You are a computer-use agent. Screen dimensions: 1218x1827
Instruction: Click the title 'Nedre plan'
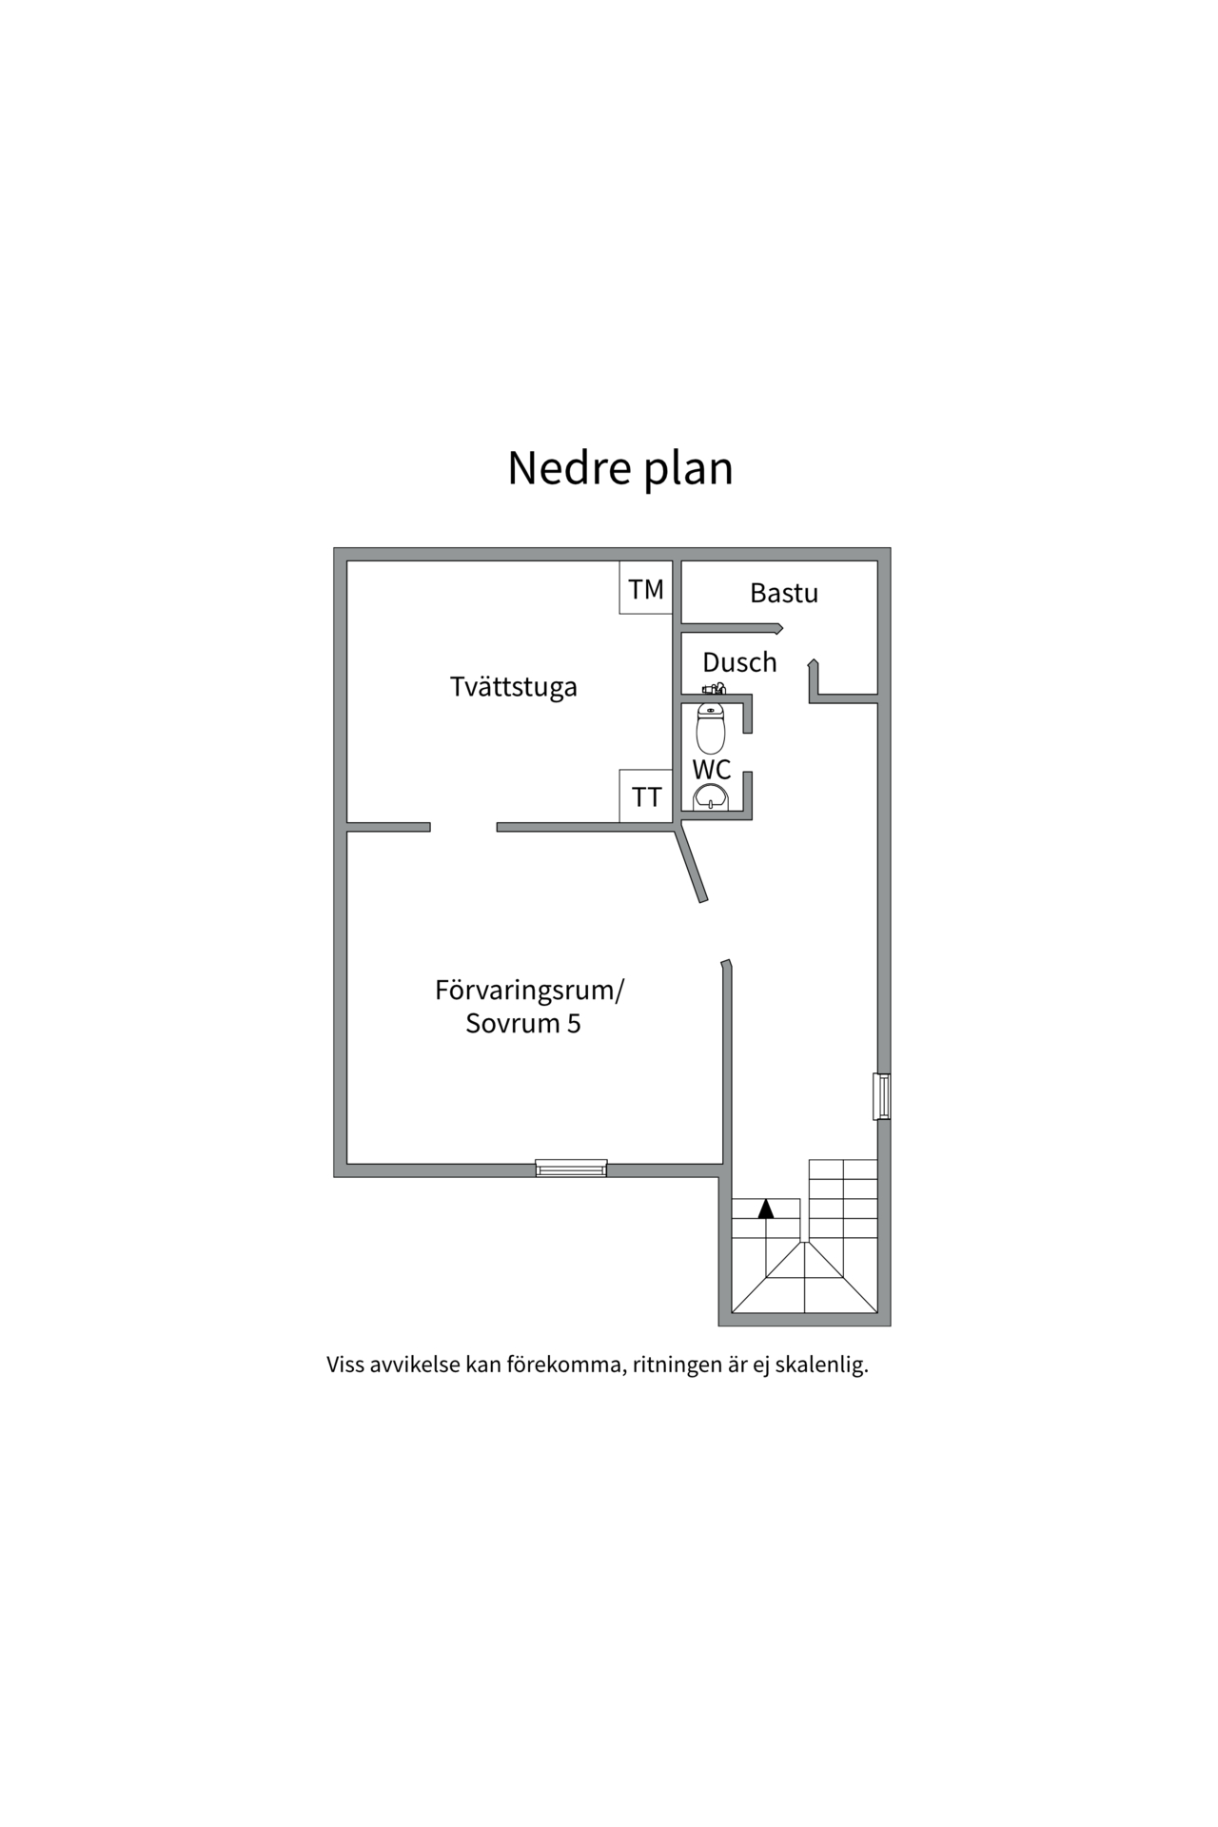coord(620,468)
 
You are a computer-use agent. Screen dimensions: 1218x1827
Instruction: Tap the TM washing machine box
coord(646,587)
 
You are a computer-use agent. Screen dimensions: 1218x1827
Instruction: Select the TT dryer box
coord(646,796)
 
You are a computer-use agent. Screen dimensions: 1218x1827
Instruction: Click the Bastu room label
coord(784,593)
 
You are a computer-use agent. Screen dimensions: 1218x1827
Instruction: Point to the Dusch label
coord(739,662)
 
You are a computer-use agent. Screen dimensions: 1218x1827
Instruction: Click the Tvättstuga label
coord(514,687)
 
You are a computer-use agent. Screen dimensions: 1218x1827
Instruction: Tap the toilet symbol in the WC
coord(711,728)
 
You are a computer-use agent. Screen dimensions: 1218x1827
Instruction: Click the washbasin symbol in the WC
coord(711,796)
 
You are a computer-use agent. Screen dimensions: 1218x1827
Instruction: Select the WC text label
coord(712,769)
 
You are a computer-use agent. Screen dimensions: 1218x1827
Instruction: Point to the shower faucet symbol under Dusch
coord(714,688)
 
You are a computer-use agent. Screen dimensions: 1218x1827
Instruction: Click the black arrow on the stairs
coord(766,1208)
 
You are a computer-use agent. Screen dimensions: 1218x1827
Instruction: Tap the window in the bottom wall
coord(571,1168)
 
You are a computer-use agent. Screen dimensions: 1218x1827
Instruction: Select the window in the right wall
coord(882,1096)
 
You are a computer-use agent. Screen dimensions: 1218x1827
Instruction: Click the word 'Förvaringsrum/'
coord(529,992)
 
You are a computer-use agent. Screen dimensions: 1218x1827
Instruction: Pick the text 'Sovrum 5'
coord(523,1024)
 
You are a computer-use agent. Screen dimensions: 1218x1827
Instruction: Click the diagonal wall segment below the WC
coord(692,864)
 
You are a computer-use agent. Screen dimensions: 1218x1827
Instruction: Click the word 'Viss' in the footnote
coord(345,1365)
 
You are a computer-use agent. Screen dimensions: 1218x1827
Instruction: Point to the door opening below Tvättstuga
coord(463,827)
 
